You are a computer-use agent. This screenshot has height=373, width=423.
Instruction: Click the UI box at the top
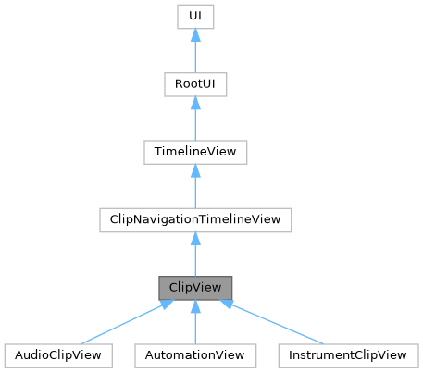194,18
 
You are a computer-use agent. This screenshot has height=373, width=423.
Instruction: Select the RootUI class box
194,84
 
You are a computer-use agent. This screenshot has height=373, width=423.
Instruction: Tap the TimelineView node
194,152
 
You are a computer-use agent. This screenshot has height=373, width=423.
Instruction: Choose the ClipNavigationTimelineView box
194,219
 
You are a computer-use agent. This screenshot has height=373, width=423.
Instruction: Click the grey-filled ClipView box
194,287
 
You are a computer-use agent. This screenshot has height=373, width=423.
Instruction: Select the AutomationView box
194,354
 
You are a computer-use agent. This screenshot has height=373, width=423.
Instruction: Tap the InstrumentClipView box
346,354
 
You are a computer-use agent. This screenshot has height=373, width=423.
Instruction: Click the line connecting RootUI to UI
194,57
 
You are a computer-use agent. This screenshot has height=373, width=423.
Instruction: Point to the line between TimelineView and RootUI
194,125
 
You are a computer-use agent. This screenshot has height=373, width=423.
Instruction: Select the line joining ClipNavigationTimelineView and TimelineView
194,193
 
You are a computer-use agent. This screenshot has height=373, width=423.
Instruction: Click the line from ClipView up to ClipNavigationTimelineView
194,260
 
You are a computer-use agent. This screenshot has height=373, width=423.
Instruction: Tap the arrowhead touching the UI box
194,36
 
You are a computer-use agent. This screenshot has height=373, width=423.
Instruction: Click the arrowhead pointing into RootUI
194,104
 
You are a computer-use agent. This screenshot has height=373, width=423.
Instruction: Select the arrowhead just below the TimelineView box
194,171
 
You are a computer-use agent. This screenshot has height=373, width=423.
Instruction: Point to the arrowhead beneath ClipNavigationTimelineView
194,239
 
